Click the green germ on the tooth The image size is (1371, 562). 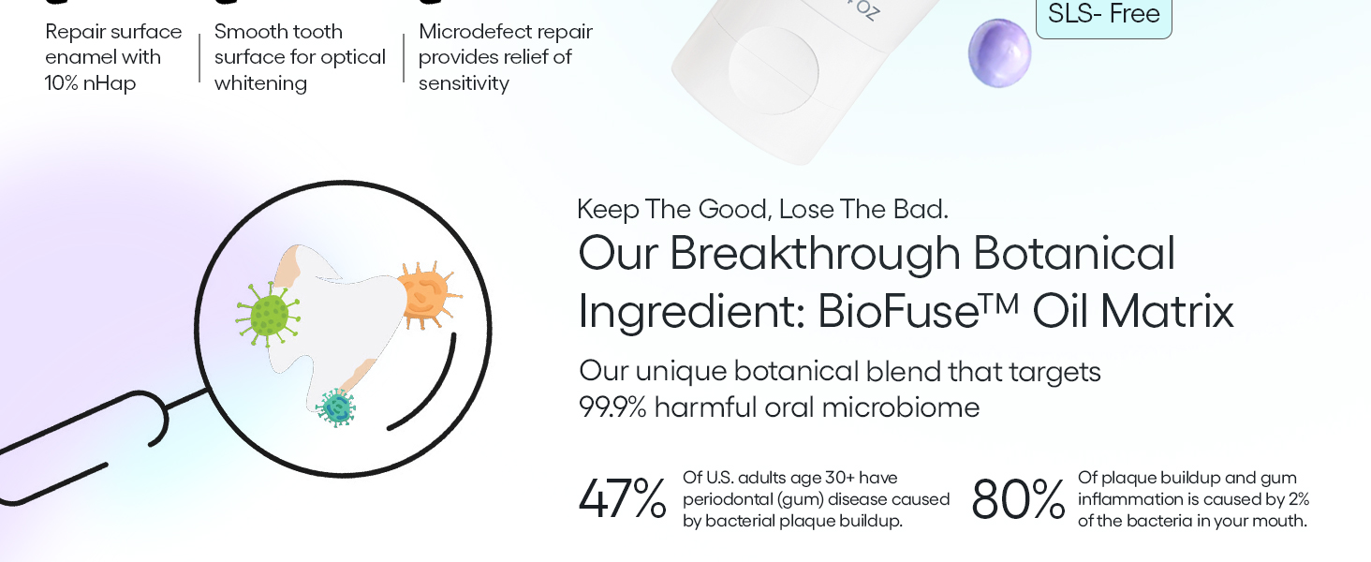pos(268,316)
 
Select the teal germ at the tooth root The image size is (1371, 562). pos(336,407)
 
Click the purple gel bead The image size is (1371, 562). pos(999,53)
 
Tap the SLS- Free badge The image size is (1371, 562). pos(1103,15)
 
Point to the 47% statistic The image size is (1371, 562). pos(623,499)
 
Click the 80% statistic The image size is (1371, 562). pos(1018,499)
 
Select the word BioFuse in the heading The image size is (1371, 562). pos(899,312)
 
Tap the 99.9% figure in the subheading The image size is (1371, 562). pos(612,407)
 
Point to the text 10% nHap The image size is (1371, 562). pos(90,83)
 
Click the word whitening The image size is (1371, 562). pos(260,83)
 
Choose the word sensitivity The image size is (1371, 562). pos(464,83)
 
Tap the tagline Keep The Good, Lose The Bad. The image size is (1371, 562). pos(762,210)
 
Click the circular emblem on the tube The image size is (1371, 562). pos(773,70)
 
